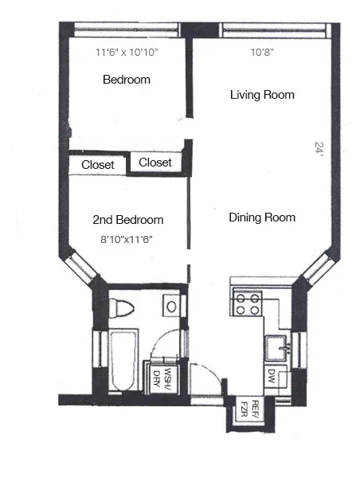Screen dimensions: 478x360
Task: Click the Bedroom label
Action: point(127,80)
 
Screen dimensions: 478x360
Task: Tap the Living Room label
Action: point(262,95)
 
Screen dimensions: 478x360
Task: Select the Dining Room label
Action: point(262,217)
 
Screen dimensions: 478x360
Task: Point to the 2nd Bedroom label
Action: point(128,220)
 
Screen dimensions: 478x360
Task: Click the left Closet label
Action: point(98,166)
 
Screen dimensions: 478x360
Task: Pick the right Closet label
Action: point(155,163)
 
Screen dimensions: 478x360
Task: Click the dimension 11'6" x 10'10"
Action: point(127,53)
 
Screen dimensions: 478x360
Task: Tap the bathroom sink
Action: point(170,305)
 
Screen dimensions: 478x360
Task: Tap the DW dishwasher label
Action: point(272,374)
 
